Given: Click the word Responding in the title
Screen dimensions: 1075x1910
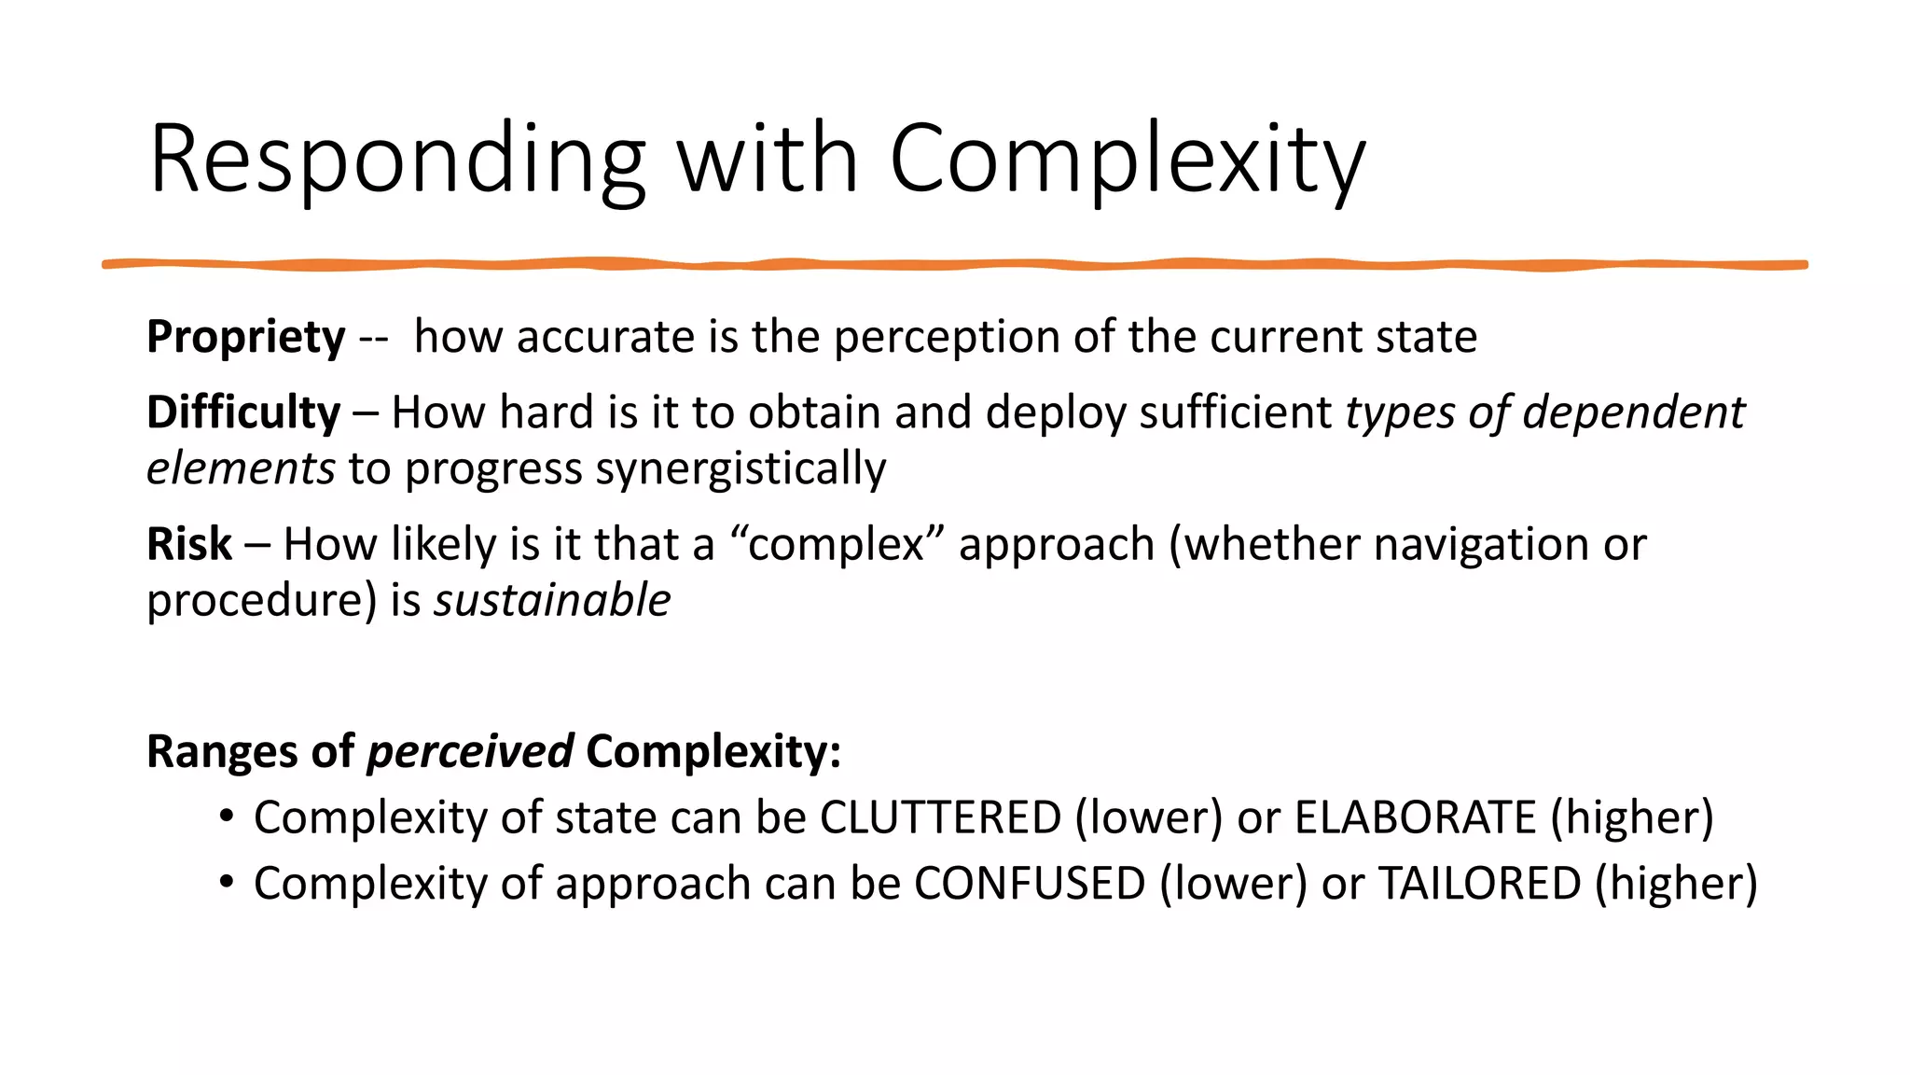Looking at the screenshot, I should click(397, 161).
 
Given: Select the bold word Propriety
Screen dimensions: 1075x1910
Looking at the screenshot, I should click(245, 337).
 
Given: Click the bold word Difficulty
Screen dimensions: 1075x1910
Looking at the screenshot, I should click(243, 412).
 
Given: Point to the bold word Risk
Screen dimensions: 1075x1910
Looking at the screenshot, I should click(188, 544).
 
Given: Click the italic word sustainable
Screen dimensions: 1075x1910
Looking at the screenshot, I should click(552, 600).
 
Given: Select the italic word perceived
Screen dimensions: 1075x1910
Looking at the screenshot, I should click(470, 751).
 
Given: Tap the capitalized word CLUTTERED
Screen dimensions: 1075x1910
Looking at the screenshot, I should click(940, 817).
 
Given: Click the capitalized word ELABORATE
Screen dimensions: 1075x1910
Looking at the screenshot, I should click(1415, 817).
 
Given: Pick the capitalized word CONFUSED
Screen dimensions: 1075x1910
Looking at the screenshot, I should click(1030, 884).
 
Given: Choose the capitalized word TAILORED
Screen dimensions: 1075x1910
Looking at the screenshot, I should click(1479, 884).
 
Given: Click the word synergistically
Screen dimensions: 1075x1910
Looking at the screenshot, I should click(740, 468).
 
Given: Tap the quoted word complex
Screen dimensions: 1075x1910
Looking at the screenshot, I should click(836, 544).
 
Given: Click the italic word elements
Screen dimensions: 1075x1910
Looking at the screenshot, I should click(241, 468).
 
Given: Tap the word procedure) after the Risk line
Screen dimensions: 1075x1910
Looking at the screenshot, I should click(261, 600).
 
